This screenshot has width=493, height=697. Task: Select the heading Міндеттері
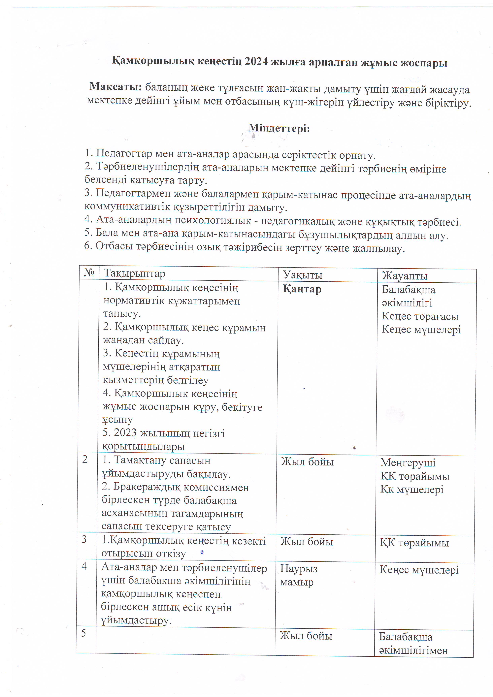pos(279,128)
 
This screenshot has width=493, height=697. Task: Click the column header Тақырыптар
pos(135,273)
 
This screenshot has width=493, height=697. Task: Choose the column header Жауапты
pos(404,276)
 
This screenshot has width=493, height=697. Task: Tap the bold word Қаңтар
pos(302,289)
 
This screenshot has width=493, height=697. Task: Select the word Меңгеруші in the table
pos(408,462)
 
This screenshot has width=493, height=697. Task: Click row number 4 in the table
pos(84,566)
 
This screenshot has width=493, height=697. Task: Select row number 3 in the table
pos(84,539)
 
